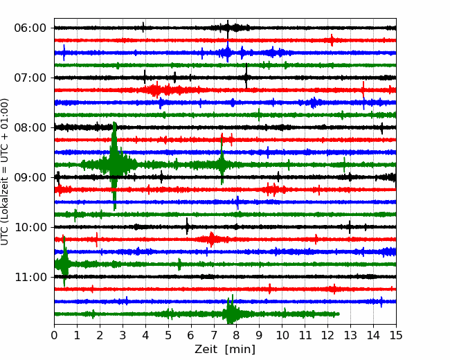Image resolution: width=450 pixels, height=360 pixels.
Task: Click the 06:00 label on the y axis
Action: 30,28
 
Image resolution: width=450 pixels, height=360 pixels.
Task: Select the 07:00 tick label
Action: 30,78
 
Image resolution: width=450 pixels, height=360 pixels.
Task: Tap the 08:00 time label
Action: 30,127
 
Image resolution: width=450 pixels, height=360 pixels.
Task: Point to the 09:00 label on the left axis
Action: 30,177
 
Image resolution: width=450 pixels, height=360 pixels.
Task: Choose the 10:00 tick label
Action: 30,227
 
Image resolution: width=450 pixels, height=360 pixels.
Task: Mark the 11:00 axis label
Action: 30,277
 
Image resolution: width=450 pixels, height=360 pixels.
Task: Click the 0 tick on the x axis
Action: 54,335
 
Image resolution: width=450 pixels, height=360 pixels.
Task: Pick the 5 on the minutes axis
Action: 168,335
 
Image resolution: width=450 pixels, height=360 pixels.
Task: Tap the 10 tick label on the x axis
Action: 282,335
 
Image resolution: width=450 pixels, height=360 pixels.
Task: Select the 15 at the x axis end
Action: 396,335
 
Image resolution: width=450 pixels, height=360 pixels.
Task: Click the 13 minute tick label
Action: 351,335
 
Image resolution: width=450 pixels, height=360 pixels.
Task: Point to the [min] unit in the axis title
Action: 240,350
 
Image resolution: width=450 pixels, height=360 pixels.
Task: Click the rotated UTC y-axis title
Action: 4,172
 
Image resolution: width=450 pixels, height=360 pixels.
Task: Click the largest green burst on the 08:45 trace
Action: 115,165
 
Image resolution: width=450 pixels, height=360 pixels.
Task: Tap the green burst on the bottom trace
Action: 231,313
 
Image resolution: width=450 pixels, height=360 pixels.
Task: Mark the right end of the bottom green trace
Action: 339,314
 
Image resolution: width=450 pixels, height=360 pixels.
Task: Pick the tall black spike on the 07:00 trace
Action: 246,76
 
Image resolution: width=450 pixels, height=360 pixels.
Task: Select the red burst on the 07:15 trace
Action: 156,90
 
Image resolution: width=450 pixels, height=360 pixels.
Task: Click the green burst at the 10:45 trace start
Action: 64,262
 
